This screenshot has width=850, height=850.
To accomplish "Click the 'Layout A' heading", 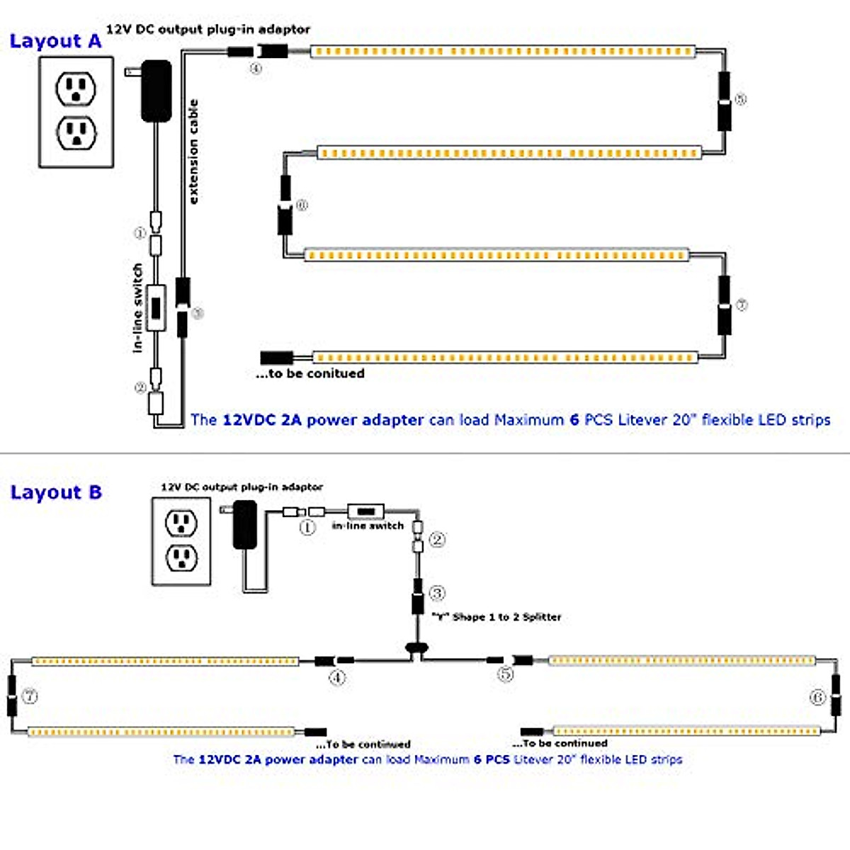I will (55, 41).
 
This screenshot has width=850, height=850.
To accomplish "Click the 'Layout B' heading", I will (56, 492).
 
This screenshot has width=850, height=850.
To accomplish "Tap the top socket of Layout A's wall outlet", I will (76, 89).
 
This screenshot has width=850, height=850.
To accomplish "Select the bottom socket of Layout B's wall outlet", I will (181, 558).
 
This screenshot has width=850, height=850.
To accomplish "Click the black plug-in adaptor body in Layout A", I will (157, 91).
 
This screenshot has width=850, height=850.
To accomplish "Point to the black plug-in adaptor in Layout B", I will (245, 524).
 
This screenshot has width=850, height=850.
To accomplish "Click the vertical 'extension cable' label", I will (193, 152).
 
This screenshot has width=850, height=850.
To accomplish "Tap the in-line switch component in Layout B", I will (365, 511).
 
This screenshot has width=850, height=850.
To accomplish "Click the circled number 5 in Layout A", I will (740, 99).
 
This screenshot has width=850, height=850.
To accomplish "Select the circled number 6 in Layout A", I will (302, 205).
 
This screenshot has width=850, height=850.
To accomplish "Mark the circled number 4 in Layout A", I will (256, 69).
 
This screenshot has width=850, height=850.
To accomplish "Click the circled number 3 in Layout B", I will (437, 594).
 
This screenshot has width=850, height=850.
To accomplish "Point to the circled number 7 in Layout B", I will (30, 696).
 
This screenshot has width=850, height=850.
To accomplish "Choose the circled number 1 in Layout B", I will (307, 528).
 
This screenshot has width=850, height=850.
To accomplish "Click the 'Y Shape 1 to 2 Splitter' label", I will (497, 617).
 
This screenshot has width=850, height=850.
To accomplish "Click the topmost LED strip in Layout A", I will (503, 52).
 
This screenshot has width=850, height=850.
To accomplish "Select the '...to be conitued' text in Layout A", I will (310, 373).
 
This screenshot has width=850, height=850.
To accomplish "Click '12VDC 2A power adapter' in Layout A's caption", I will (323, 419).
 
